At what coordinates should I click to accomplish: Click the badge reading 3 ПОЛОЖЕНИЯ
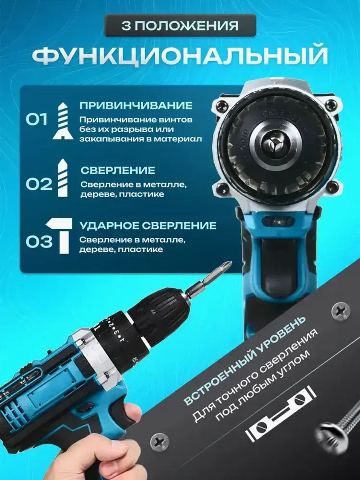tap(180, 26)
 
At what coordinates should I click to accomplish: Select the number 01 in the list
tap(37, 120)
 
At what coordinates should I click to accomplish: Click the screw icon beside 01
tap(63, 120)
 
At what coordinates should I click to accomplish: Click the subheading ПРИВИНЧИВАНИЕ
tap(136, 106)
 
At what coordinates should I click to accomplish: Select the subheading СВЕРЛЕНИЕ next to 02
tap(118, 170)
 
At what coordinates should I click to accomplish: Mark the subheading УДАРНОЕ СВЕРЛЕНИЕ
tap(148, 226)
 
